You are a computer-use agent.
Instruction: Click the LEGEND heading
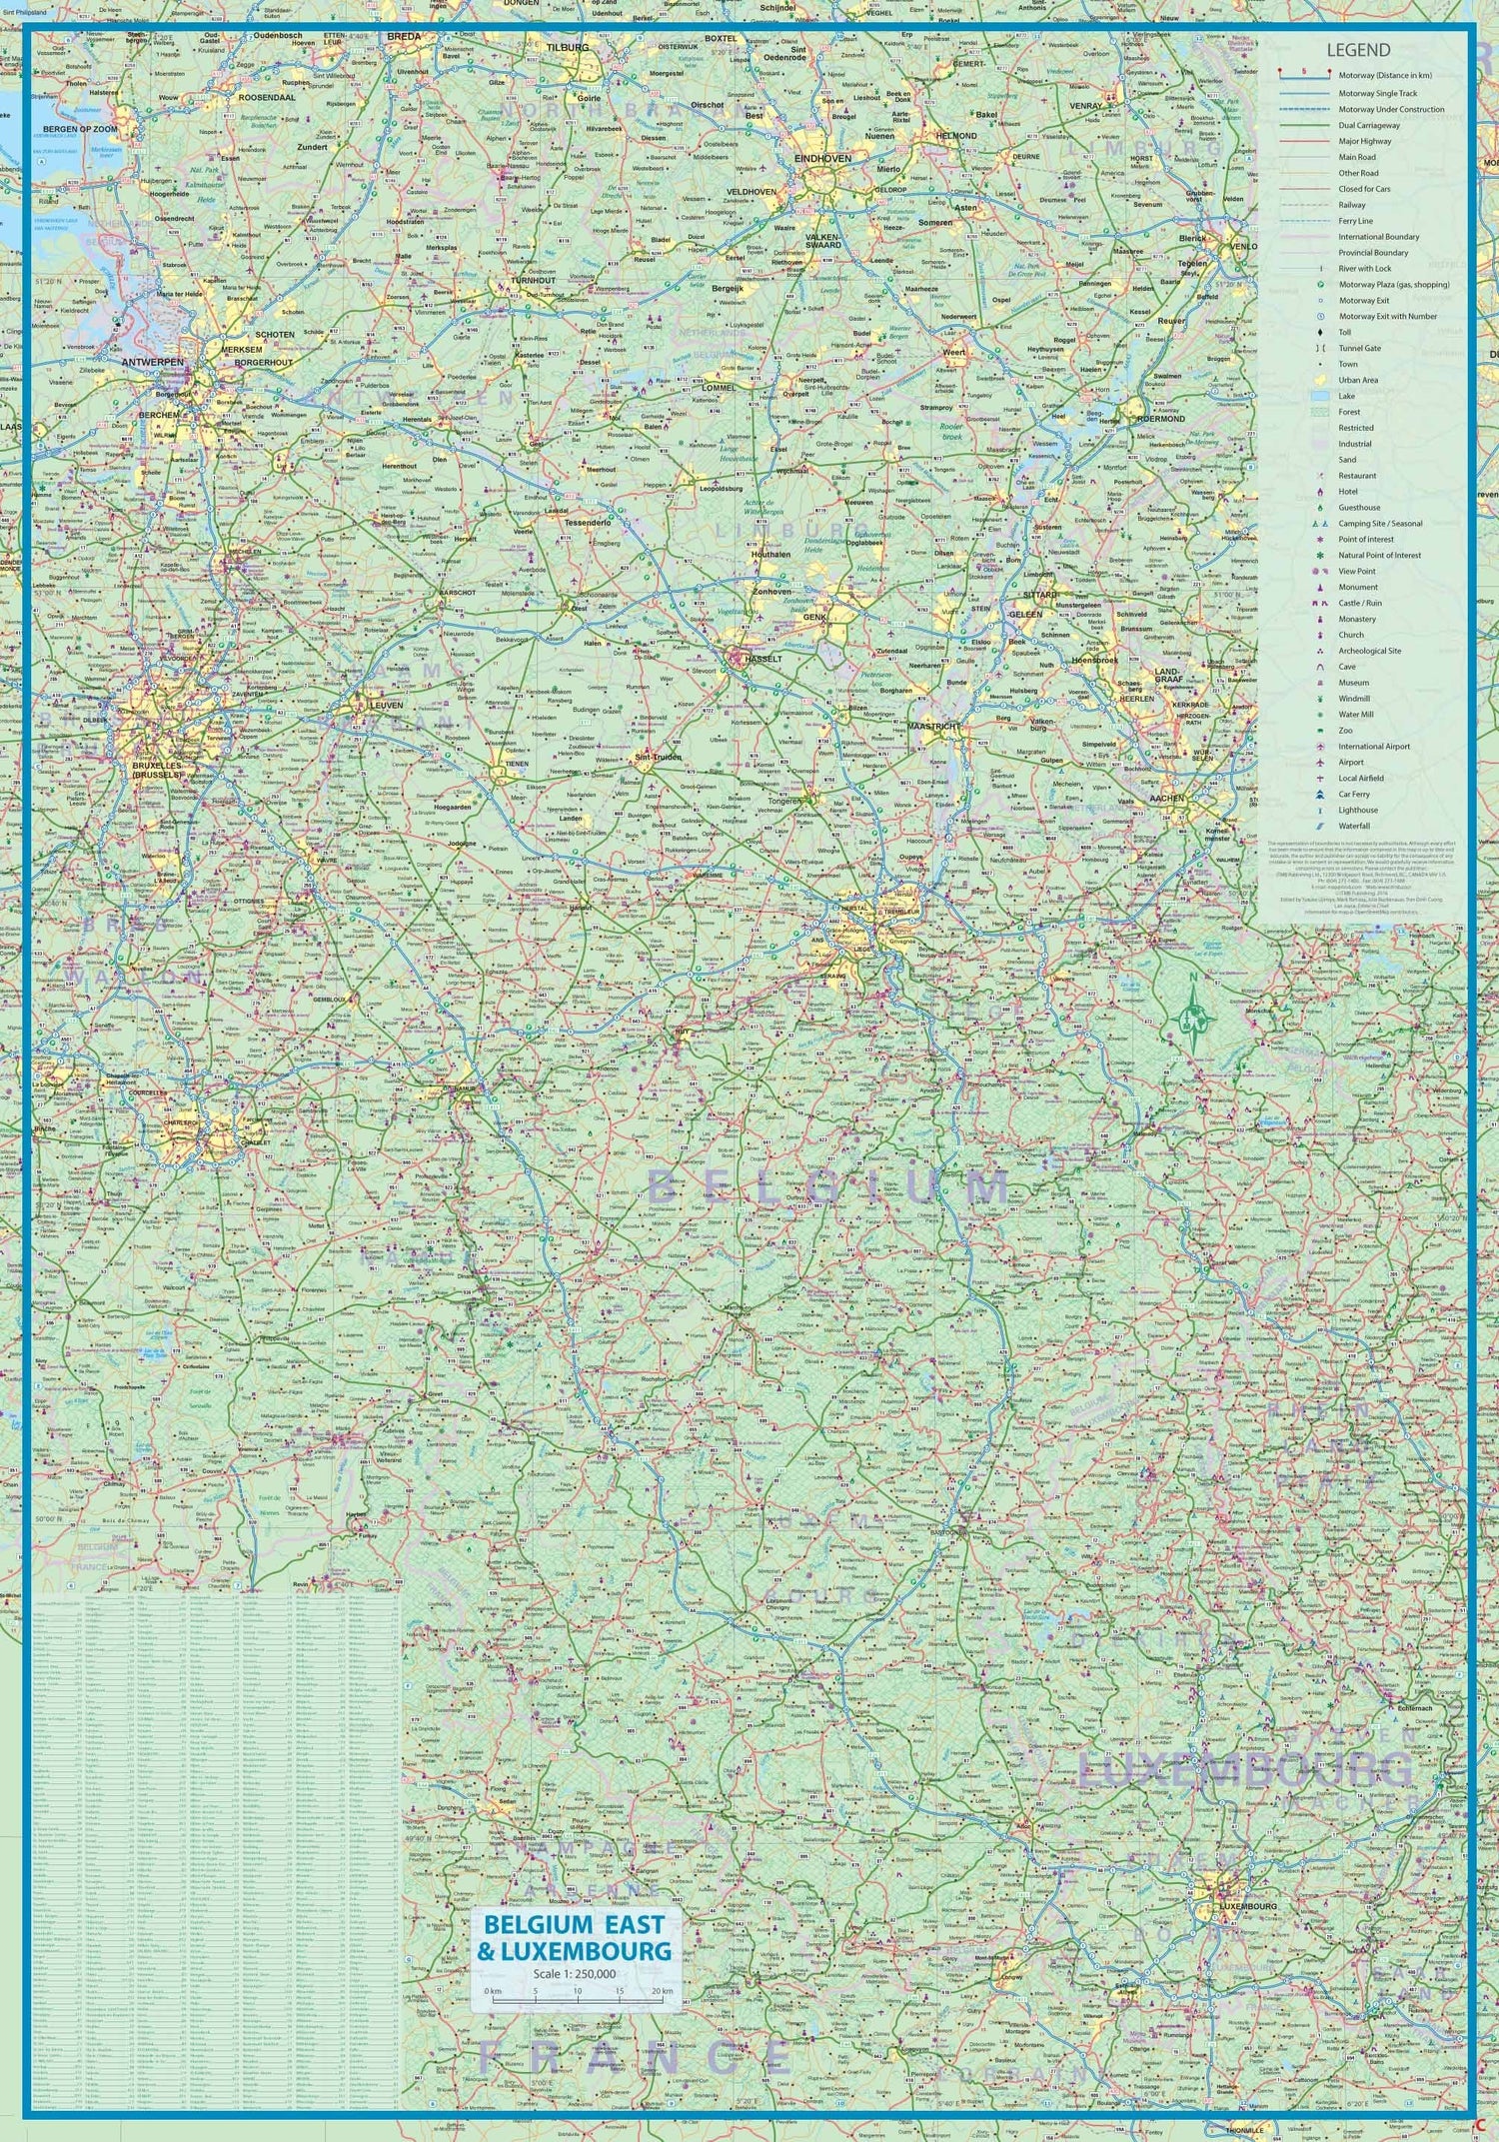click(1357, 51)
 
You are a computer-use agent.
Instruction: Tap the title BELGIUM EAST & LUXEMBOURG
click(575, 1937)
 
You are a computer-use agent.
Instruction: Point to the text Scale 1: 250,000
click(574, 1974)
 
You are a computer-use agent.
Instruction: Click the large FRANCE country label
click(636, 2057)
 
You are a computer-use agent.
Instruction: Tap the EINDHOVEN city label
click(822, 159)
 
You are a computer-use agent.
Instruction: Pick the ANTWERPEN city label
click(152, 362)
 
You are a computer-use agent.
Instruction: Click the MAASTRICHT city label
click(933, 727)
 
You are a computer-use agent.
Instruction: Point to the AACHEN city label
click(1166, 799)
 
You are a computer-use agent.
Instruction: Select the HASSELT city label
click(763, 660)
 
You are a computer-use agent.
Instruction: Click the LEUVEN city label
click(386, 705)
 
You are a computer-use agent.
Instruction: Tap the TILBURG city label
click(568, 47)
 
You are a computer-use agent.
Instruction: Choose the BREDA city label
click(404, 36)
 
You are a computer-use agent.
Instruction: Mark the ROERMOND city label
click(1160, 419)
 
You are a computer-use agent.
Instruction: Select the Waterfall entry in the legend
click(1354, 826)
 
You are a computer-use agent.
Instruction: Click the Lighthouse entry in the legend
click(1357, 810)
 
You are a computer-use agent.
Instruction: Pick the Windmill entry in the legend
click(1354, 699)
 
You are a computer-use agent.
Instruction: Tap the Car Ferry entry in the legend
click(1354, 794)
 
